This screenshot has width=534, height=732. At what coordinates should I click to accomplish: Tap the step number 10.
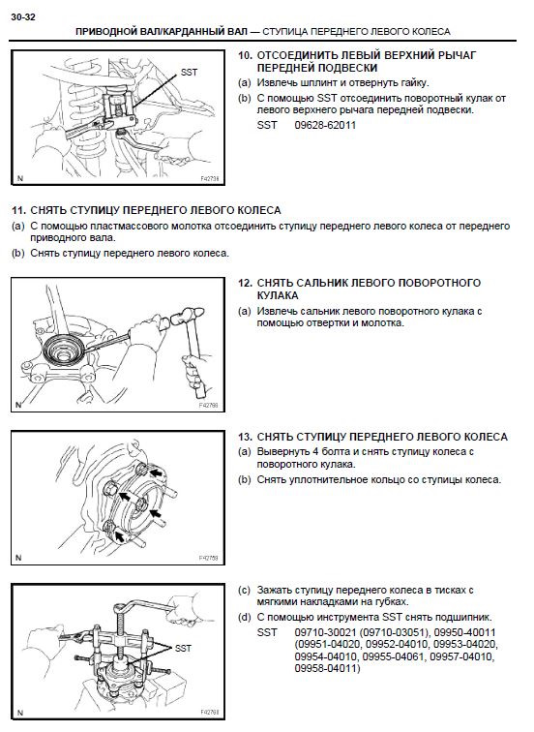pyautogui.click(x=246, y=55)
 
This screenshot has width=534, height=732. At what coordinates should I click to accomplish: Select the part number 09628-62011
pyautogui.click(x=326, y=125)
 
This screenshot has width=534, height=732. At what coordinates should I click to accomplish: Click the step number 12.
pyautogui.click(x=246, y=283)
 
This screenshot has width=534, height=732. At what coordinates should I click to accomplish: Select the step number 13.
pyautogui.click(x=246, y=438)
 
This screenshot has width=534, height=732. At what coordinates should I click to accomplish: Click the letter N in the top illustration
pyautogui.click(x=18, y=179)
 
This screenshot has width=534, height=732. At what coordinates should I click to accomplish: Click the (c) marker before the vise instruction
pyautogui.click(x=244, y=590)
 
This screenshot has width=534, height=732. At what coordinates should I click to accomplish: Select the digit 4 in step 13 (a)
pyautogui.click(x=313, y=452)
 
